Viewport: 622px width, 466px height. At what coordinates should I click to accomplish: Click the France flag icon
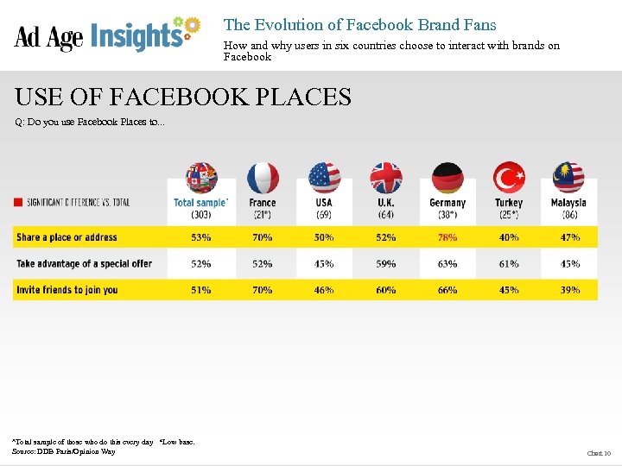click(x=263, y=178)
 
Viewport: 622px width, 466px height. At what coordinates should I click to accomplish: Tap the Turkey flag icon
click(x=509, y=178)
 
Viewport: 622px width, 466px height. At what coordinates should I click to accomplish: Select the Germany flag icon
click(x=447, y=178)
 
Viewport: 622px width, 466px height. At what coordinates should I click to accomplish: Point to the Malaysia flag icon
click(x=568, y=178)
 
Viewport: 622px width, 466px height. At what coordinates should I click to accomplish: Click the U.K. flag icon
click(x=386, y=178)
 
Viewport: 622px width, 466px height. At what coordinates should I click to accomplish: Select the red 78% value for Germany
click(x=447, y=237)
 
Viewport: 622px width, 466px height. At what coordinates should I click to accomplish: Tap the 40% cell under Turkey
click(x=509, y=237)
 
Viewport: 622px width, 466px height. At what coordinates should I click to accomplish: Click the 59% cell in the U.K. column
click(x=386, y=264)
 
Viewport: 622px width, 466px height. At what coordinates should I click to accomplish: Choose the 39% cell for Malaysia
click(x=569, y=290)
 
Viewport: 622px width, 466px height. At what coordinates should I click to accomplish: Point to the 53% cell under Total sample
click(x=201, y=237)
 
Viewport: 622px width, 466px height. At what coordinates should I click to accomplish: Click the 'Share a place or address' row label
click(x=67, y=237)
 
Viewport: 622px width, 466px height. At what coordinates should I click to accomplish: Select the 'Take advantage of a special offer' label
click(x=84, y=264)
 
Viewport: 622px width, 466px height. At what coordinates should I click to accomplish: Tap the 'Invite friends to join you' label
click(x=67, y=290)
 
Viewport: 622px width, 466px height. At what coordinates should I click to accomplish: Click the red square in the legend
click(x=18, y=203)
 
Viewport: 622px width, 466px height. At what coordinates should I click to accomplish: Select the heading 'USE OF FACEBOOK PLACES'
click(x=182, y=97)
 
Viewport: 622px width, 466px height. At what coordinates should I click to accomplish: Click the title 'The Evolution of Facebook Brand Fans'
click(x=359, y=25)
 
